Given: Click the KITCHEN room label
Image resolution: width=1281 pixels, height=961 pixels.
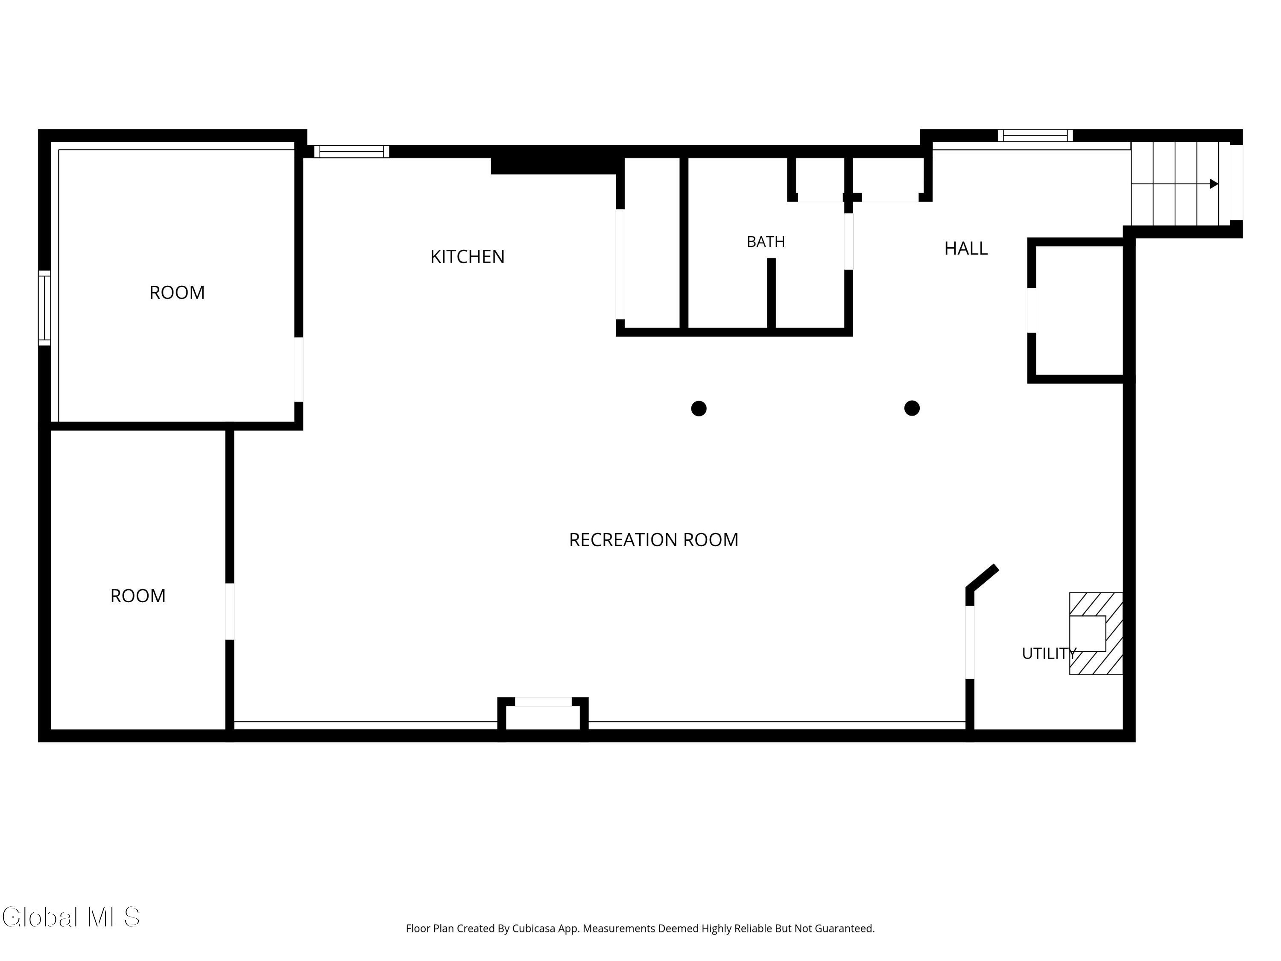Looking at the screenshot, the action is (467, 257).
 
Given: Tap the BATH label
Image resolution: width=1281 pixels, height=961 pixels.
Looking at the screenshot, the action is (766, 242).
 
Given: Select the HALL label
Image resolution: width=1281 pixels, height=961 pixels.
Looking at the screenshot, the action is (966, 249).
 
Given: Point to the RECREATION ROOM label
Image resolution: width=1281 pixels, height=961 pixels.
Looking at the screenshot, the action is (653, 540).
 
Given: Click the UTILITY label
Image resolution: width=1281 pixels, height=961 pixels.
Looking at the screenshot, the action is (1049, 653).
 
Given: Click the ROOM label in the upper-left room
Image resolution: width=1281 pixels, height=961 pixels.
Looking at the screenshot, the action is (177, 293).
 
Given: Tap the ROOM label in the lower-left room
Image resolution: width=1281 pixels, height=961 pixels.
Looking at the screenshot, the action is (138, 596).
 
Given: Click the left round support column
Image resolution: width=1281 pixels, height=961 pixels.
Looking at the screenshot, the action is (699, 408).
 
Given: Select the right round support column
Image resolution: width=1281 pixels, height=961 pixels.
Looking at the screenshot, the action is (912, 408).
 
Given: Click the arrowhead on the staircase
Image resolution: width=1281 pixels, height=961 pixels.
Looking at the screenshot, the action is (1214, 184).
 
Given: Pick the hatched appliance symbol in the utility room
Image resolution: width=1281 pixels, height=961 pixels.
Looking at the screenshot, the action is (1096, 634).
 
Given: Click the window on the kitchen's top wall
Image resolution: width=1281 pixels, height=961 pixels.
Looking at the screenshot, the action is (351, 152).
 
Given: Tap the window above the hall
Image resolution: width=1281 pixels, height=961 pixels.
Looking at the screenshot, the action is (1035, 135).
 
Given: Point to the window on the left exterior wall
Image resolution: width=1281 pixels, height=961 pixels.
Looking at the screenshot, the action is (44, 308).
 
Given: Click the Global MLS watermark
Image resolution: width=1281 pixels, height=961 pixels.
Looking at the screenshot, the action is (70, 917).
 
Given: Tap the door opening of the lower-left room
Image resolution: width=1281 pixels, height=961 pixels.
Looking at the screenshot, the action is (230, 612).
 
